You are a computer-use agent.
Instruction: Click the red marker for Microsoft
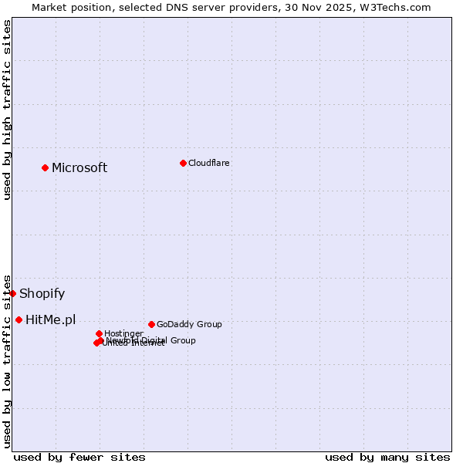pos(46,167)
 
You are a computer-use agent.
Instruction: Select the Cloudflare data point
pos(183,163)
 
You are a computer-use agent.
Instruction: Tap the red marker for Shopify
pos(12,293)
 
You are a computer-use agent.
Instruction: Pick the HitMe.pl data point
pos(19,319)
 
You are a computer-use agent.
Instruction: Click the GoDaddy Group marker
pos(151,324)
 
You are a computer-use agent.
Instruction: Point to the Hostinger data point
pos(99,333)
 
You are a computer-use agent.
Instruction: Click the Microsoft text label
pos(79,168)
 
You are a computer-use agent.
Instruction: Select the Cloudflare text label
pos(209,164)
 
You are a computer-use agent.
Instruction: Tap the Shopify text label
pos(42,294)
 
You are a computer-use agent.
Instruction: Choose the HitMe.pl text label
pos(51,320)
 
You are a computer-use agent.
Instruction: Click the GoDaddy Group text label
pos(189,325)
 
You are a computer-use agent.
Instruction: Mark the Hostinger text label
pos(123,334)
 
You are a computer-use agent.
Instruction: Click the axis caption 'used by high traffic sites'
pos(7,110)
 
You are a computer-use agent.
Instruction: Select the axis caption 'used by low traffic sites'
pos(7,361)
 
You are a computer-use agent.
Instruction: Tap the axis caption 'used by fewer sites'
pos(79,457)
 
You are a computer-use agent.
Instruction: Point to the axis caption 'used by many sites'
pos(387,457)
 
